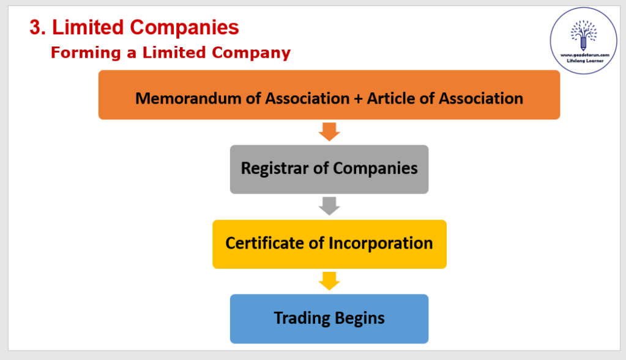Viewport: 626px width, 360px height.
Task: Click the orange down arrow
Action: [329, 132]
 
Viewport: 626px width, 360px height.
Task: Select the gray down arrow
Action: [329, 206]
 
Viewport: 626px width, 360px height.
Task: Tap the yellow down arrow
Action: [329, 281]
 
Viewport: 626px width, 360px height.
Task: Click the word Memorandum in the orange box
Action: [182, 98]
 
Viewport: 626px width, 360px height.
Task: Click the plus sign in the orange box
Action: [358, 98]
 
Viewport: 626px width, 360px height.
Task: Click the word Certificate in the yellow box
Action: [264, 243]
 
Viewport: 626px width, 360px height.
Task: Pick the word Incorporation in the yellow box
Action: [381, 243]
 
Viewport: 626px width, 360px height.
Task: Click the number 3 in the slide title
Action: [35, 27]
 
